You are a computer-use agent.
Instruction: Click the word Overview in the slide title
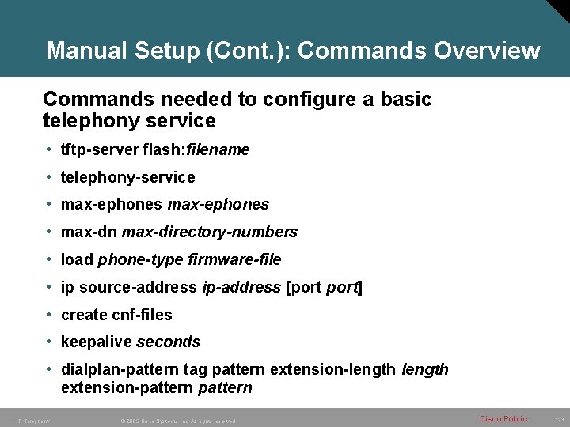[487, 51]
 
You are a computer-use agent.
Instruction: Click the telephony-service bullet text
[127, 177]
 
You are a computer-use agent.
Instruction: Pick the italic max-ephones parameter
[218, 204]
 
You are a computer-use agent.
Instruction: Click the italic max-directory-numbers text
[210, 232]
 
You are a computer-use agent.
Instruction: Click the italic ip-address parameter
[241, 287]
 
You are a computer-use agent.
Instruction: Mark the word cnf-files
[143, 315]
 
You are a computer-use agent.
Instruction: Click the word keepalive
[97, 342]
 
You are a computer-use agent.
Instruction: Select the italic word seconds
[169, 342]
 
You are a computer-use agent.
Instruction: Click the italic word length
[425, 369]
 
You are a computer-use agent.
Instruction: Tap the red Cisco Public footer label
[503, 418]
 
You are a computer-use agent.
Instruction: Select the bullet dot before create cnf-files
[50, 315]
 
